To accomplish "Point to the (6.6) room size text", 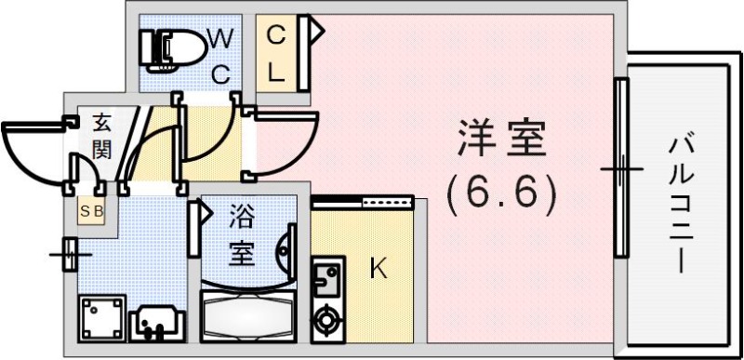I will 502,193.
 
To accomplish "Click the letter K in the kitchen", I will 379,269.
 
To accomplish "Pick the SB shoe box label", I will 91,210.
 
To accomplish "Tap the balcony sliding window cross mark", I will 620,169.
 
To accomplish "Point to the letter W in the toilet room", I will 221,39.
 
